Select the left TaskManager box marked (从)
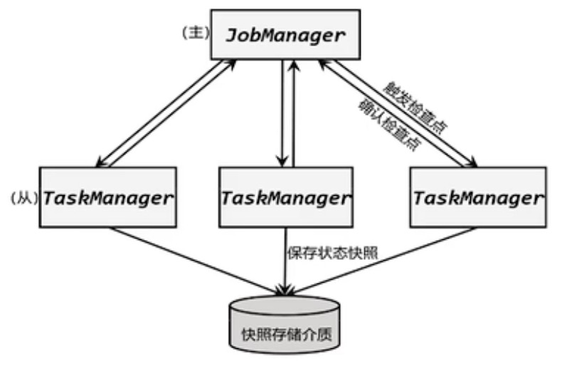click(107, 197)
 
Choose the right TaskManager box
click(477, 197)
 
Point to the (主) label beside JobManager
click(194, 33)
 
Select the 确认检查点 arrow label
click(388, 121)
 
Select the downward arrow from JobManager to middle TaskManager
click(284, 114)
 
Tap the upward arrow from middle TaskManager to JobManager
click(294, 114)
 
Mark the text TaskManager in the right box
click(477, 198)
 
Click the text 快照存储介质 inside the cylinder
click(285, 333)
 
